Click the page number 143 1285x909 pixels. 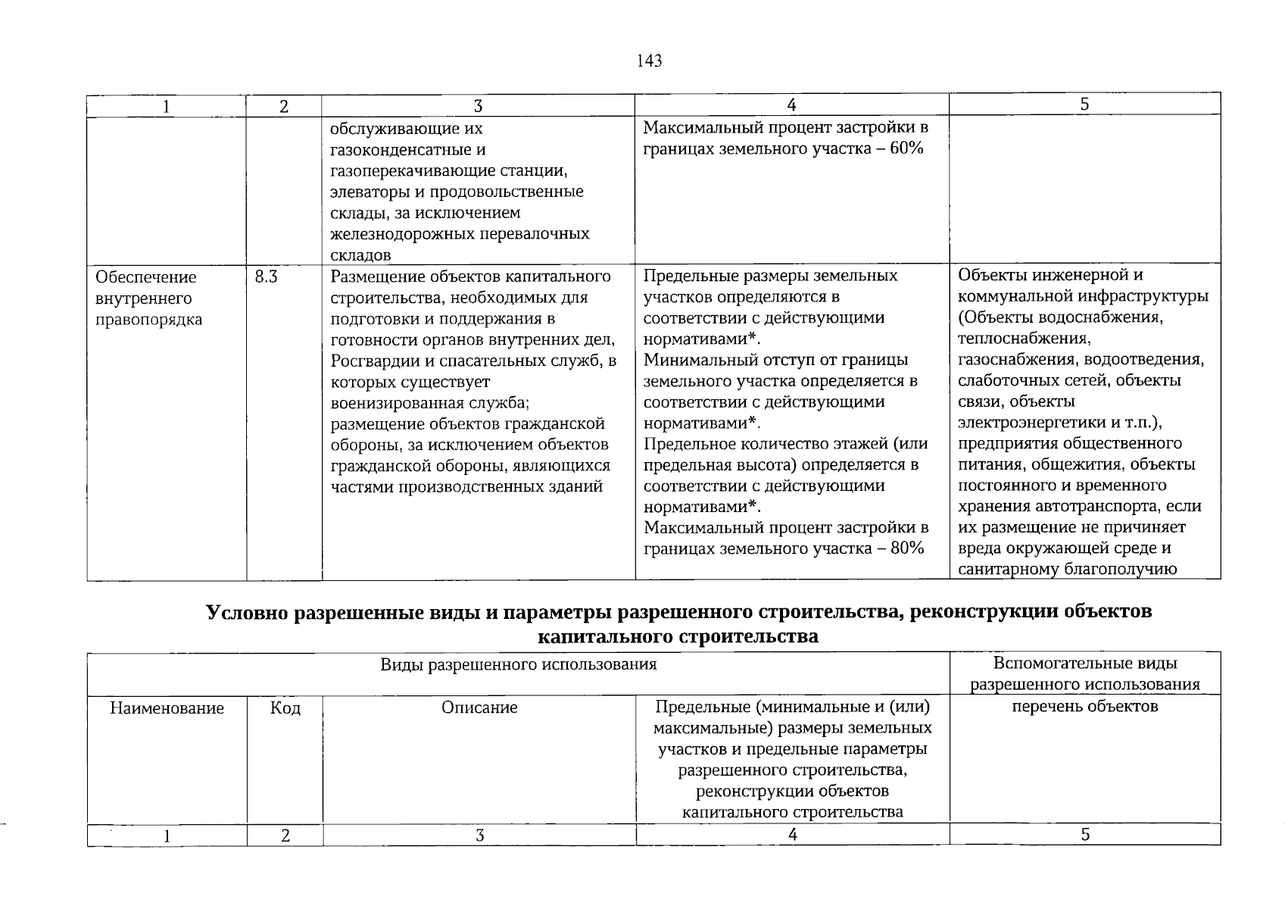650,61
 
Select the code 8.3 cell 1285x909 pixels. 266,277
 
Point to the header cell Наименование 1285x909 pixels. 167,708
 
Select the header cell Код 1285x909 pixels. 285,708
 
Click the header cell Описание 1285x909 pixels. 479,708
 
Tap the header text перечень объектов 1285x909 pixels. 1084,707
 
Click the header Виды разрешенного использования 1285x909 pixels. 518,665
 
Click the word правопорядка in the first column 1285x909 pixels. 149,320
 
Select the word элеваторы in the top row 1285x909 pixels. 367,192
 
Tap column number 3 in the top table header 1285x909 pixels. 479,106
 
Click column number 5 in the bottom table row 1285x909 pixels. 1084,835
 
